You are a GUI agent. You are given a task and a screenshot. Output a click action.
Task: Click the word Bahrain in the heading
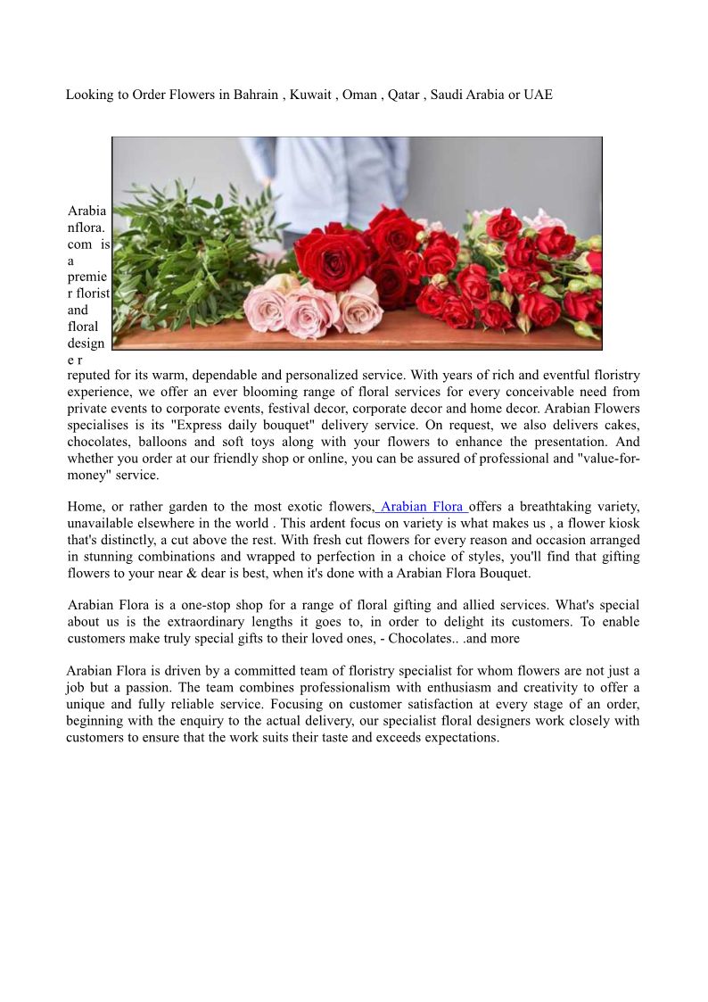click(x=256, y=95)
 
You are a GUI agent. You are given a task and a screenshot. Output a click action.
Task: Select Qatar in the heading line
click(x=403, y=95)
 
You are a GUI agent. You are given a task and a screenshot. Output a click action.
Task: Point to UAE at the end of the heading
click(x=538, y=95)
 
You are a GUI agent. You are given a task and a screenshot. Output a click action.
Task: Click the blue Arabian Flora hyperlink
click(x=421, y=508)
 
